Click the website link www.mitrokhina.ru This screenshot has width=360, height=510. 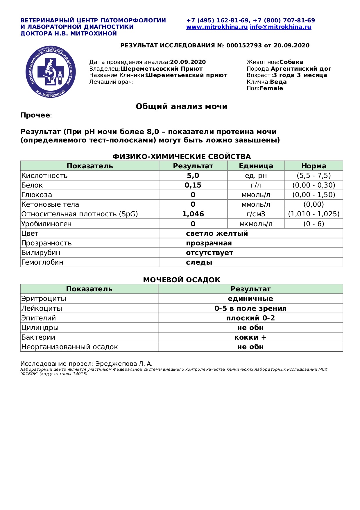pos(217,27)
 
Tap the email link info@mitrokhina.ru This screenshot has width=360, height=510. pos(280,27)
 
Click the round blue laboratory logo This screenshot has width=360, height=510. pos(51,72)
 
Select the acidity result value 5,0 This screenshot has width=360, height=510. pos(193,176)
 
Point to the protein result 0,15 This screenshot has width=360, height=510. pos(193,185)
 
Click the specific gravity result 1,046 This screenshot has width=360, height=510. pos(193,214)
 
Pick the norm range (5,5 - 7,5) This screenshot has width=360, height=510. pos(314,176)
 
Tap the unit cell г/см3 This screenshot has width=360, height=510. pos(256,214)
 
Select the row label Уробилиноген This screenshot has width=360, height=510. pos(46,224)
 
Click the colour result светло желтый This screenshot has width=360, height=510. pos(217,233)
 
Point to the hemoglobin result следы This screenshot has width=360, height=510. pos(199,262)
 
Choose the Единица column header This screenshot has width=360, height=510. pos(256,166)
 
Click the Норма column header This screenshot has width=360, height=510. pos(314,166)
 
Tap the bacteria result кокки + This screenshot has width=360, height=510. pos(250,337)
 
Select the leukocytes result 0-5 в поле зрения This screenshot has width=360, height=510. pos(250,309)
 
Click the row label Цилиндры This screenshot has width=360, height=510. pos(40,328)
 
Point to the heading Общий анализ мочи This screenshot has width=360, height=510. pos(181,106)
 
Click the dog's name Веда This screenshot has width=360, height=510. pos(278,82)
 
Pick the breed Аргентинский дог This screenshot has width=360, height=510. pos(301,69)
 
